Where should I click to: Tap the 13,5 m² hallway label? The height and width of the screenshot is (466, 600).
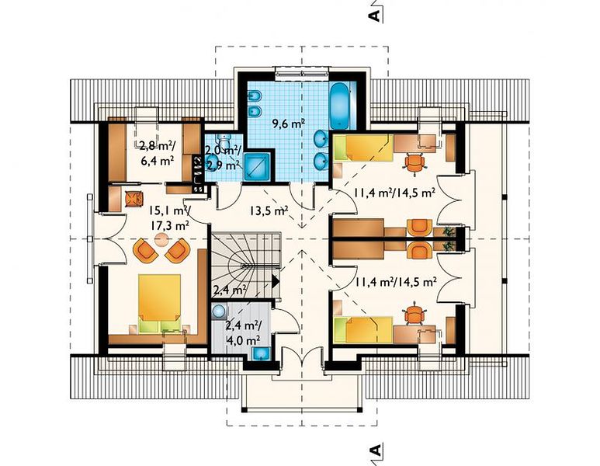click(x=269, y=210)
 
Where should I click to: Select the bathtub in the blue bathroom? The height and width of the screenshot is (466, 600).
click(x=339, y=106)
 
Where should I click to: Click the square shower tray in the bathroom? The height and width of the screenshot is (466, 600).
click(x=258, y=166)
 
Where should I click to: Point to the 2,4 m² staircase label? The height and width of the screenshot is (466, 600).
click(x=229, y=290)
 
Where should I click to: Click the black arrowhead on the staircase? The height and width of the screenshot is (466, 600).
click(x=276, y=282)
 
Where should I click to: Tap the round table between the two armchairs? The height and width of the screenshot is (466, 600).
click(x=161, y=240)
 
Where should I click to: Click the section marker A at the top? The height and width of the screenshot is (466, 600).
click(x=375, y=16)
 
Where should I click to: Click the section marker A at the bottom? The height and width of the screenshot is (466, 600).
click(x=376, y=450)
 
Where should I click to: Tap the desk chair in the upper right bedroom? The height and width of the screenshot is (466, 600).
click(x=415, y=164)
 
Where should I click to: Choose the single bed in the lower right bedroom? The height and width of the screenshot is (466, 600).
click(x=363, y=329)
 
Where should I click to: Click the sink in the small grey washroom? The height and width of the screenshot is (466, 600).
click(x=262, y=353)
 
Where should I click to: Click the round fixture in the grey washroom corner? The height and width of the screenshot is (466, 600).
click(x=218, y=311)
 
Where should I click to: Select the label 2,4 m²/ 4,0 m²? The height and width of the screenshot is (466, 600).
click(x=244, y=332)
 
